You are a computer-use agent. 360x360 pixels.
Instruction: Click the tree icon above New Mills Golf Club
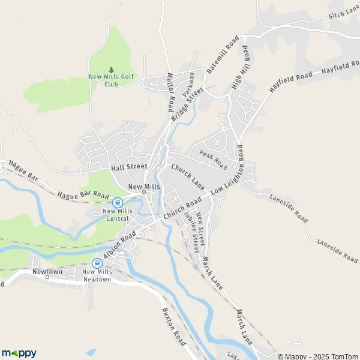click(111, 70)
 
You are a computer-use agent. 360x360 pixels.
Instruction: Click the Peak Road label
click(214, 160)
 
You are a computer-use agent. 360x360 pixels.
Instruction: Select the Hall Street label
click(128, 167)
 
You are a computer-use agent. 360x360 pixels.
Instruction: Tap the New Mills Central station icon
click(118, 202)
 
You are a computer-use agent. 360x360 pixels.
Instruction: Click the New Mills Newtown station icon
click(97, 263)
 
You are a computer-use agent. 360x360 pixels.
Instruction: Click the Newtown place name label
click(47, 272)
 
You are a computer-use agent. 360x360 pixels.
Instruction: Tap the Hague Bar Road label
click(83, 195)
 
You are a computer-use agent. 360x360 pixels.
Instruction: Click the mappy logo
click(19, 353)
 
